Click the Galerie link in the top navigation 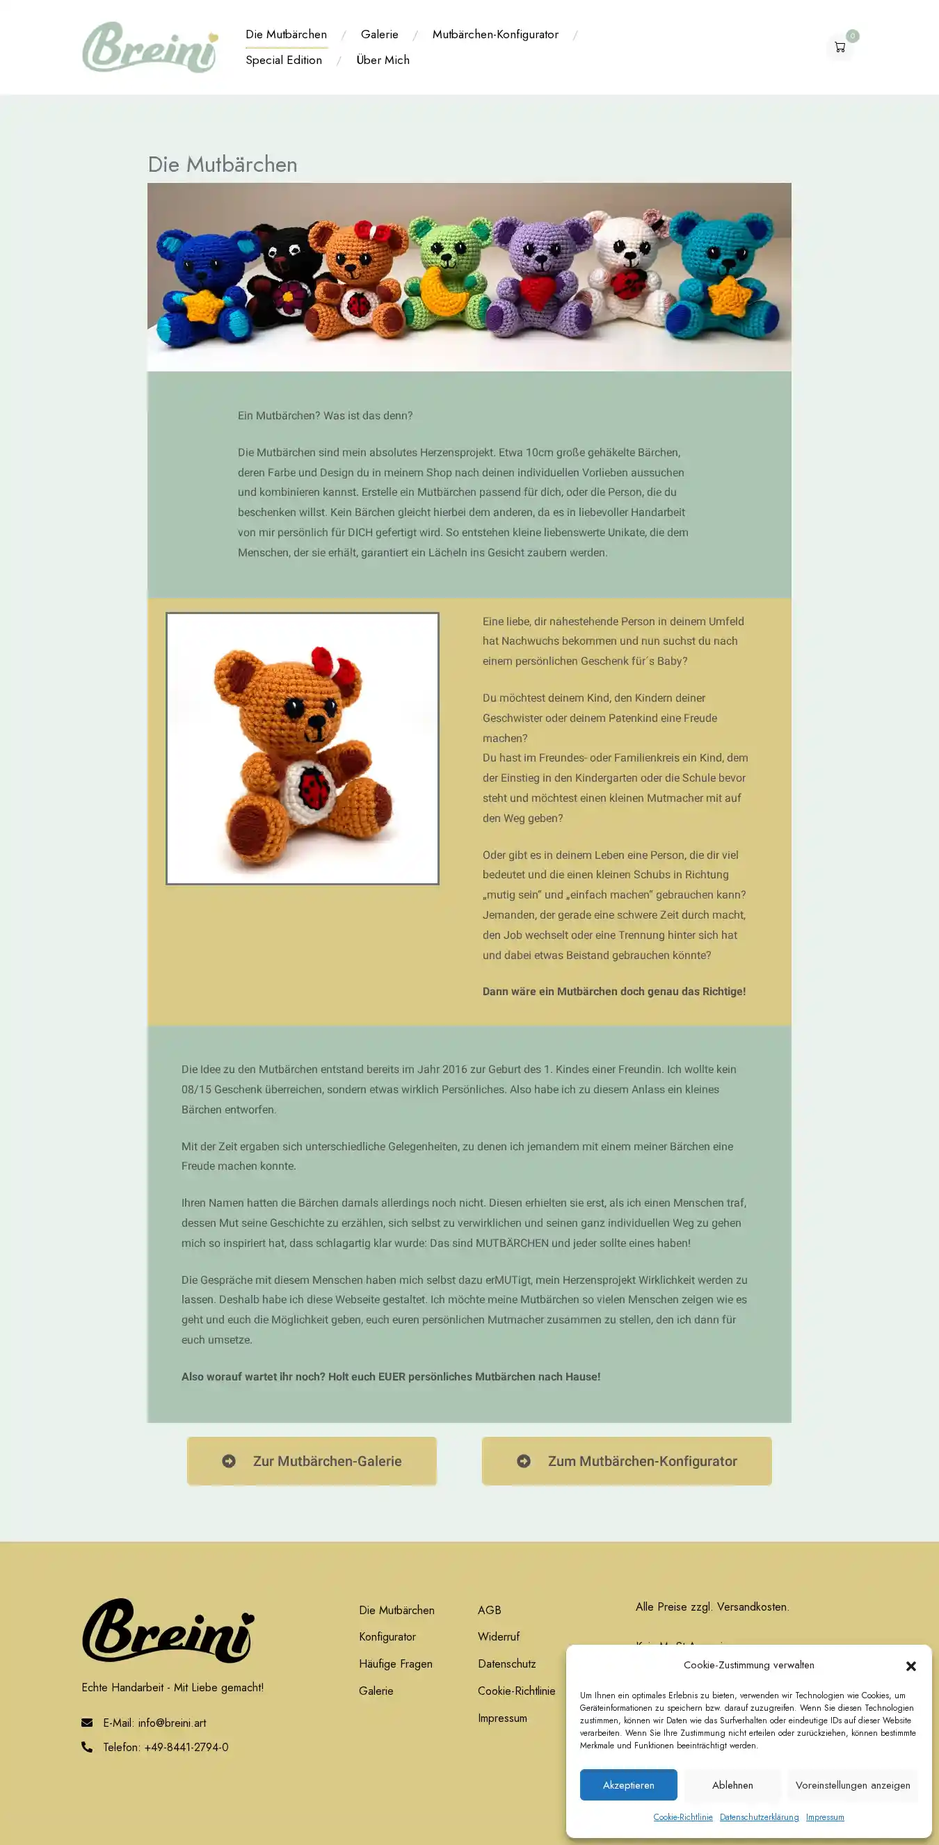point(379,34)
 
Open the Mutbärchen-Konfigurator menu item point(495,34)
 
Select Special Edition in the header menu point(284,61)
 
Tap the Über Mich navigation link point(383,61)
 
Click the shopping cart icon point(840,47)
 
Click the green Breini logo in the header point(150,47)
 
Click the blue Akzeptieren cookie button point(628,1784)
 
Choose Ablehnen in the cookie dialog point(732,1784)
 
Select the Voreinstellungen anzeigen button point(852,1784)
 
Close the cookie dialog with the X point(910,1666)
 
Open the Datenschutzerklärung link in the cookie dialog point(759,1817)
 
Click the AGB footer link point(489,1610)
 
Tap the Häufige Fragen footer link point(395,1663)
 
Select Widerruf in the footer point(499,1636)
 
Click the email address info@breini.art point(172,1723)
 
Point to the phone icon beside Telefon point(87,1747)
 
